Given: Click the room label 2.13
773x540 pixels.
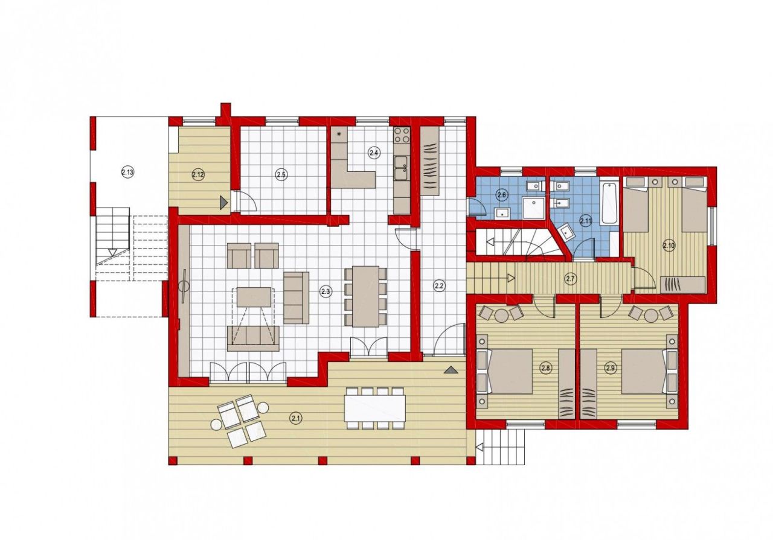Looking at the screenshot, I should click(x=127, y=173).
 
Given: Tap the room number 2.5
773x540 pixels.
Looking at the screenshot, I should click(x=281, y=175).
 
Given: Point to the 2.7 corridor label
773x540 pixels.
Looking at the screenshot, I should click(x=571, y=278).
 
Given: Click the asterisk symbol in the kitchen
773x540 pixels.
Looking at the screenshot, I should click(x=339, y=134).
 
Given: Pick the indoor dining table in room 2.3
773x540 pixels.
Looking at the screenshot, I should click(x=365, y=296).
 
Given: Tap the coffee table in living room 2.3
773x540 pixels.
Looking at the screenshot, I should click(x=254, y=297).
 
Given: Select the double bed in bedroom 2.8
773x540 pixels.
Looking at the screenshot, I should click(x=506, y=371).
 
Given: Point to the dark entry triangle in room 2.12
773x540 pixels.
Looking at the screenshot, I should click(x=224, y=202).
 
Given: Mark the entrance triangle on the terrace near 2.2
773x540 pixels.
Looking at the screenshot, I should click(x=450, y=369).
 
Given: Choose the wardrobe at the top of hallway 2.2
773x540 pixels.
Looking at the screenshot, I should click(x=430, y=161).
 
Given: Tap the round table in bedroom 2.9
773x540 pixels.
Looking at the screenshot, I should click(x=650, y=315).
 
